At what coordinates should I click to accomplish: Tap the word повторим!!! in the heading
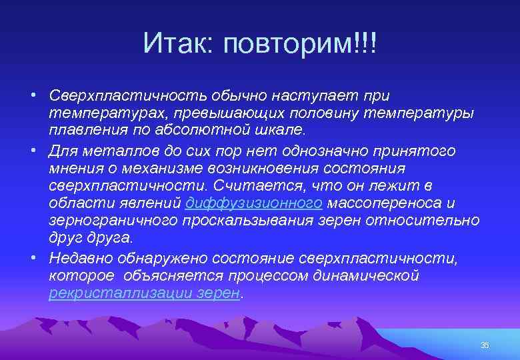(301, 45)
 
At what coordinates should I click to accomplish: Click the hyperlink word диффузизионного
(255, 203)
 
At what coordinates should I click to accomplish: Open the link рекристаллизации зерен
(144, 293)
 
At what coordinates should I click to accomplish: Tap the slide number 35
(484, 345)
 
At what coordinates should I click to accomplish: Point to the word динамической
(360, 275)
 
